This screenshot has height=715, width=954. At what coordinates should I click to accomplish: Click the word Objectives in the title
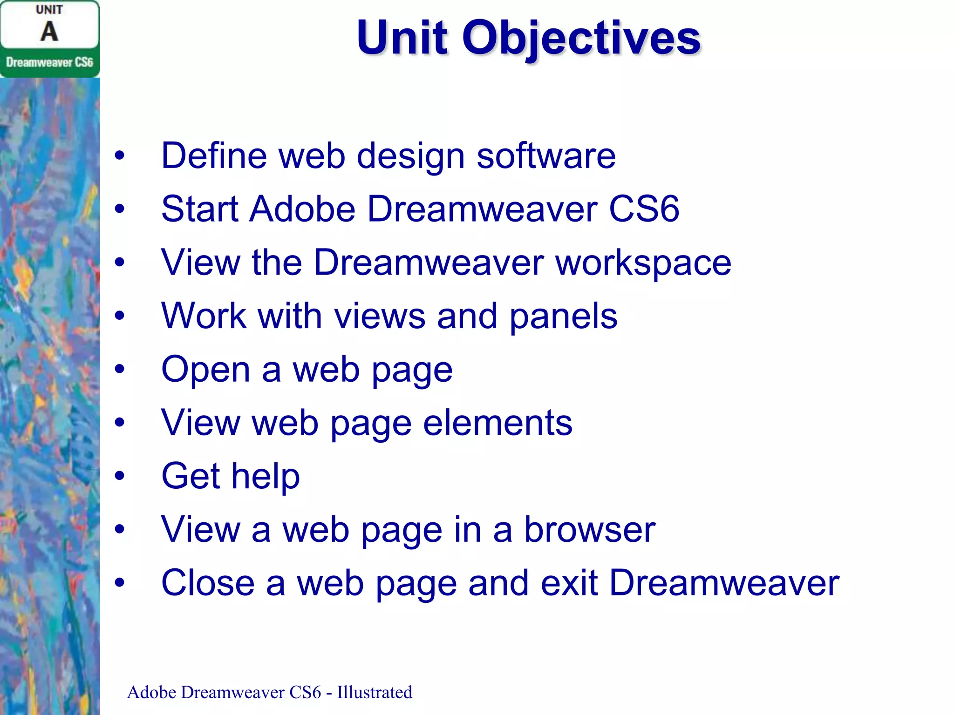(581, 38)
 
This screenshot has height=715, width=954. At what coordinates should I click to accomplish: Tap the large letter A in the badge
(49, 32)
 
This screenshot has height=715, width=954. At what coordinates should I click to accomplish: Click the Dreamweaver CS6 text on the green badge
(49, 62)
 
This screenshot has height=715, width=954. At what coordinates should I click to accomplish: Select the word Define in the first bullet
(214, 155)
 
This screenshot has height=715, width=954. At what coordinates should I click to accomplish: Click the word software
(546, 156)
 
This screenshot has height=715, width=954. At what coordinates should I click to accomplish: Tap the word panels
(563, 317)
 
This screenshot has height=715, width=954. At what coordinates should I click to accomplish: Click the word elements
(497, 423)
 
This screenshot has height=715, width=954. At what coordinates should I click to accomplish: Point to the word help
(266, 476)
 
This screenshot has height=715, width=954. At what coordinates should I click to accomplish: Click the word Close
(208, 583)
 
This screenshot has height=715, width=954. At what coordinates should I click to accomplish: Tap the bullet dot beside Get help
(120, 476)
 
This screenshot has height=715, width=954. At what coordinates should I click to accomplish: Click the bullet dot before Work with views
(120, 316)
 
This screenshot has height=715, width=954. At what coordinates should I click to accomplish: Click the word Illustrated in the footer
(375, 692)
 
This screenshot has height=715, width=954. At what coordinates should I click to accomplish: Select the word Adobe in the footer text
(151, 692)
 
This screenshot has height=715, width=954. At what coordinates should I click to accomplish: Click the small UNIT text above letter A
(49, 10)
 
